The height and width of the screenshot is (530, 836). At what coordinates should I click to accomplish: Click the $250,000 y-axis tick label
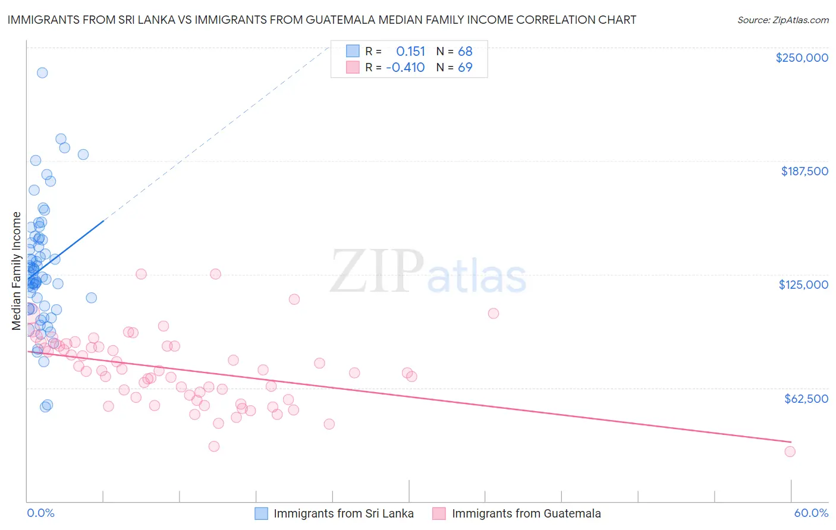click(802, 58)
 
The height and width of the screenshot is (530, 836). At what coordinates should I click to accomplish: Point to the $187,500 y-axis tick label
click(804, 171)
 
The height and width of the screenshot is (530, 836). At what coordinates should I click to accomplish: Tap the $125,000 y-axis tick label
click(803, 285)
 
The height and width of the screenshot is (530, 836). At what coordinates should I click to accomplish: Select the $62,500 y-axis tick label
click(806, 399)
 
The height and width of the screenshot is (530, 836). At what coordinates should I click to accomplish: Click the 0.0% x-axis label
click(40, 513)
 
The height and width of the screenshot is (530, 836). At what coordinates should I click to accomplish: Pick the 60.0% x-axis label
click(811, 513)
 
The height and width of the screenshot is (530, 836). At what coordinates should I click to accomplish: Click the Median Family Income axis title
click(17, 271)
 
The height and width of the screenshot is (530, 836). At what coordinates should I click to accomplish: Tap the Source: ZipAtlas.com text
click(782, 20)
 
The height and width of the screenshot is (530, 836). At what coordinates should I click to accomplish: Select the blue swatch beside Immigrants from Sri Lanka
click(261, 513)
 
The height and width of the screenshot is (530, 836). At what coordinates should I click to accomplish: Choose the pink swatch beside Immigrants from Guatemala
click(439, 513)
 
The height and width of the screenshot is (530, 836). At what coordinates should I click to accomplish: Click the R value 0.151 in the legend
click(410, 52)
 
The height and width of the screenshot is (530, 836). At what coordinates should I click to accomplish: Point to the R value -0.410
click(405, 68)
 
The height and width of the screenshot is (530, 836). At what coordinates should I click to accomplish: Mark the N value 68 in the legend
click(465, 52)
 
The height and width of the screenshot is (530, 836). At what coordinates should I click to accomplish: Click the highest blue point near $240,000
click(42, 72)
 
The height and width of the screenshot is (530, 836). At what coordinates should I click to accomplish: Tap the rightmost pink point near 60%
click(790, 452)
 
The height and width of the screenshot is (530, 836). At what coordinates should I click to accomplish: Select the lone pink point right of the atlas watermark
click(493, 313)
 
